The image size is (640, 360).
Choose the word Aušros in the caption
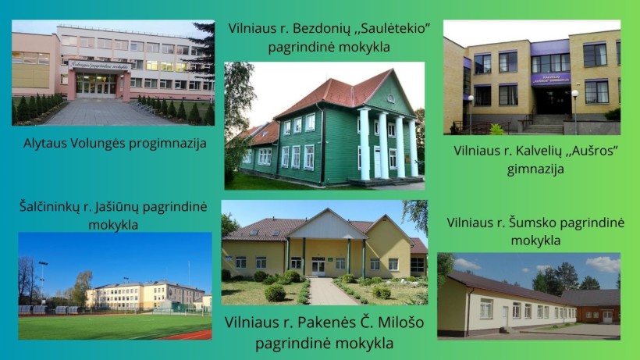tap(591, 151)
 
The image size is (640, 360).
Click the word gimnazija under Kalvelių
tap(535, 169)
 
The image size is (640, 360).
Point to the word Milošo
tap(400, 323)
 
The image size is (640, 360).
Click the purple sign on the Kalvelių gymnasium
tap(551, 79)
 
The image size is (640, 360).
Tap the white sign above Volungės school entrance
tap(100, 66)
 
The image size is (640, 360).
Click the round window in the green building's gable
tap(390, 98)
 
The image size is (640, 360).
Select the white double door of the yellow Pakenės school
tap(318, 268)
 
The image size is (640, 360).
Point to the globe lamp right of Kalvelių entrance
tap(575, 94)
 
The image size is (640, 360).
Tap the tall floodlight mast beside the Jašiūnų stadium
tap(42, 282)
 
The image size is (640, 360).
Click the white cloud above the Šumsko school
tap(603, 265)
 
